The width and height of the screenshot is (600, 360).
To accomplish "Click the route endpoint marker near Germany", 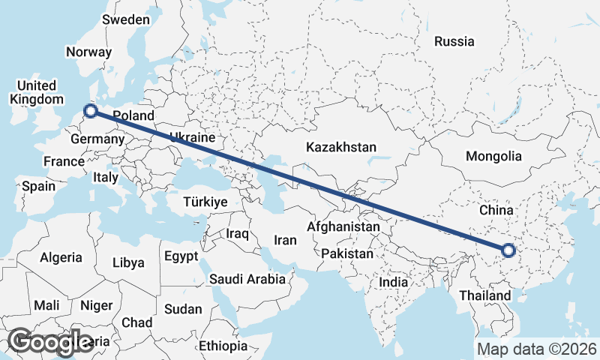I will [91, 111].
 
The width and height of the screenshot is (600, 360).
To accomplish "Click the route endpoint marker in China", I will [508, 250].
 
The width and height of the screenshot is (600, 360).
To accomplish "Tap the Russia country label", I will [454, 41].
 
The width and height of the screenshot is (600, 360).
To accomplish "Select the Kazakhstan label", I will [340, 148].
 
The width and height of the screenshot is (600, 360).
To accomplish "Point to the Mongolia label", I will [493, 157].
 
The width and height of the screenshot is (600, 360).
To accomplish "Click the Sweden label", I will [125, 19].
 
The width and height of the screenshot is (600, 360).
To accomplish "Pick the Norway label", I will [88, 52].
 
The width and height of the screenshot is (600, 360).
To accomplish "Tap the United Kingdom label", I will [36, 92].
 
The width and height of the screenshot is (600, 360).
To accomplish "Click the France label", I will [64, 161].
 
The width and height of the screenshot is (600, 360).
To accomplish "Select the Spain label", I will [38, 186].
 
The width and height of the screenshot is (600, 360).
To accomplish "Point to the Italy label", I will [106, 178].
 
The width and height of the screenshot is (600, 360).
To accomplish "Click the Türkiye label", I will [205, 202].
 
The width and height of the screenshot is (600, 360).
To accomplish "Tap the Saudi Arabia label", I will [247, 279].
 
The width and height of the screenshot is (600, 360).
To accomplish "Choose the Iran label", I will [285, 240].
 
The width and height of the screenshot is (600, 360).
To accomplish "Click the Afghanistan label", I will [344, 226].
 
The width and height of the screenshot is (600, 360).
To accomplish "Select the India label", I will [393, 282].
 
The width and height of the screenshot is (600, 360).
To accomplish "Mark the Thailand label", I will [486, 295].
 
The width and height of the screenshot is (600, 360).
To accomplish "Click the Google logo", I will [50, 342].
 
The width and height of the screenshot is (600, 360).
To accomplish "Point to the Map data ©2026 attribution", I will [537, 349].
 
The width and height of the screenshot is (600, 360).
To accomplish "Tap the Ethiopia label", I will [223, 346].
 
